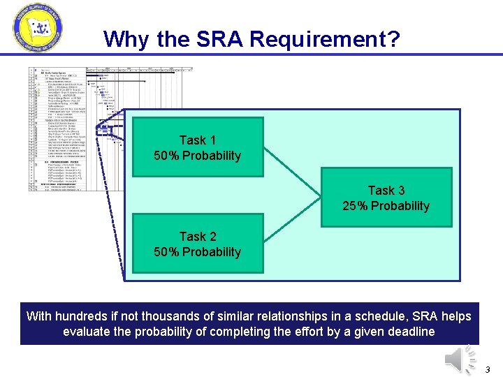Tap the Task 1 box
tap(197, 147)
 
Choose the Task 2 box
tap(197, 244)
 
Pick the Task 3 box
tap(386, 198)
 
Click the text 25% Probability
tap(386, 206)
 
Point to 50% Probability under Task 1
tap(197, 156)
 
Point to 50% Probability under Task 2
tap(197, 252)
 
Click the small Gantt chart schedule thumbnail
tap(70, 129)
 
